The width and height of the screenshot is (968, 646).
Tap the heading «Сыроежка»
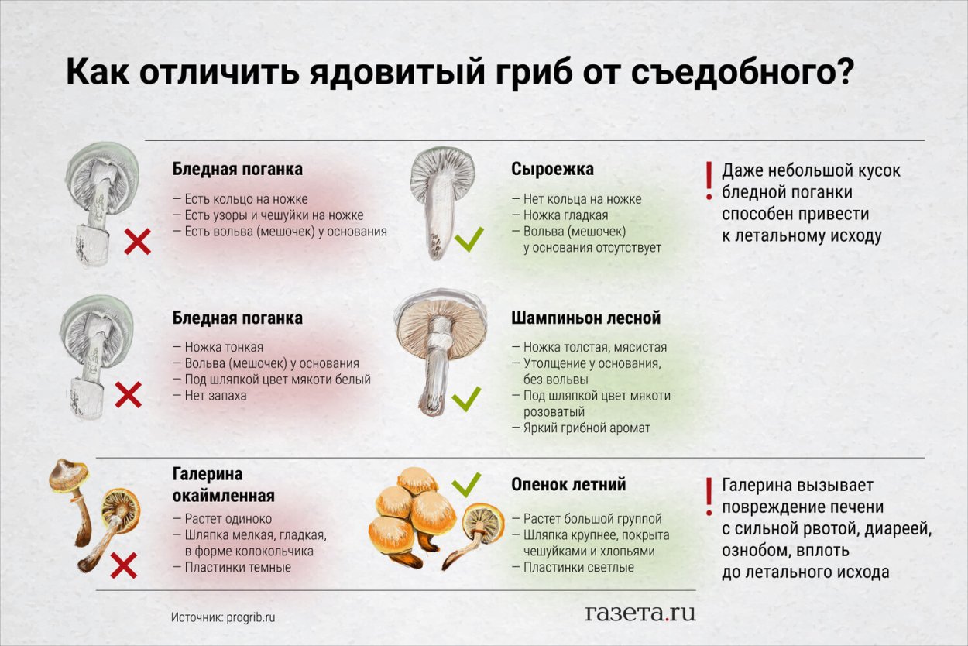pyautogui.click(x=552, y=169)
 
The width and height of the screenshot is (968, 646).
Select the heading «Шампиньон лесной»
pyautogui.click(x=585, y=318)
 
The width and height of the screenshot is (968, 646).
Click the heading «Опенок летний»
pyautogui.click(x=568, y=484)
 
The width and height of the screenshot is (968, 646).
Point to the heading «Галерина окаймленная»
pyautogui.click(x=223, y=484)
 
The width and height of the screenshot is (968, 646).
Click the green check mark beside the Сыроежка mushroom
pyautogui.click(x=469, y=239)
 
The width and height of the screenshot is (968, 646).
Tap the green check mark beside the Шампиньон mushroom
pyautogui.click(x=466, y=399)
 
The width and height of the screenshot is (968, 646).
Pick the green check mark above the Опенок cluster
pyautogui.click(x=466, y=485)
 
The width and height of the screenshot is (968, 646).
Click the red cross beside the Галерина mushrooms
pyautogui.click(x=123, y=566)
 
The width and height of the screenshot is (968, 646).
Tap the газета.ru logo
pyautogui.click(x=640, y=613)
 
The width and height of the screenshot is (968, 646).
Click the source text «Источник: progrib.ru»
pyautogui.click(x=223, y=617)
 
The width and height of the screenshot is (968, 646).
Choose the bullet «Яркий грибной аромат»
pyautogui.click(x=587, y=428)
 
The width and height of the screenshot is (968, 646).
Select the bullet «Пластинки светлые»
pyautogui.click(x=578, y=567)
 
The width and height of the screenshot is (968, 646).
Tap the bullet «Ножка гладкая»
pyautogui.click(x=565, y=215)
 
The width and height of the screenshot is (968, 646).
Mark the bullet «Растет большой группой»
pyautogui.click(x=592, y=519)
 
